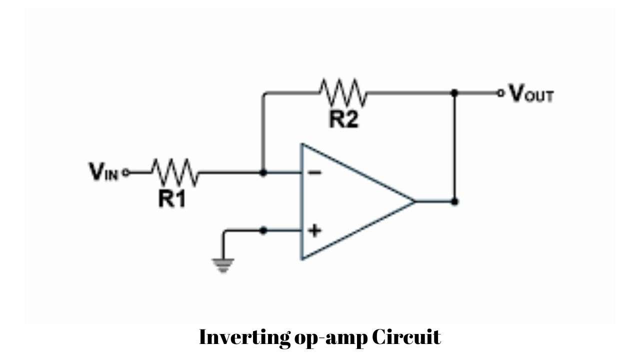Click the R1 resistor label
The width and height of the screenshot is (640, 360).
pyautogui.click(x=171, y=199)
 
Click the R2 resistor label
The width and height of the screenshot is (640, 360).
pyautogui.click(x=343, y=120)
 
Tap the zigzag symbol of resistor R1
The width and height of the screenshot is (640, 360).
pyautogui.click(x=175, y=172)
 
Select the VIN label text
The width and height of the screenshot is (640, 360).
pyautogui.click(x=104, y=172)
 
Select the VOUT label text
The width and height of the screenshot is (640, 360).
pyautogui.click(x=531, y=94)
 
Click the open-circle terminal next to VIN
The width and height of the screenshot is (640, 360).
pyautogui.click(x=125, y=173)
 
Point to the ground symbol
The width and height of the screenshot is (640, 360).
pyautogui.click(x=223, y=264)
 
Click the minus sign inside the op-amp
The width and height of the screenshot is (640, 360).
pyautogui.click(x=314, y=173)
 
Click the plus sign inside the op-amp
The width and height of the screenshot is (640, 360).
pyautogui.click(x=314, y=230)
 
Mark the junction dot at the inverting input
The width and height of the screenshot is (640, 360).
pyautogui.click(x=264, y=173)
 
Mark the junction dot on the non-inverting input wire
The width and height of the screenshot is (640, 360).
pyautogui.click(x=264, y=230)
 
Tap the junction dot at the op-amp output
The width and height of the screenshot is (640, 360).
pyautogui.click(x=454, y=201)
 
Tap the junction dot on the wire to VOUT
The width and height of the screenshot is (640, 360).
pyautogui.click(x=454, y=93)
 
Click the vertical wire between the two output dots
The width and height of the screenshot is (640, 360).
pyautogui.click(x=454, y=147)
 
